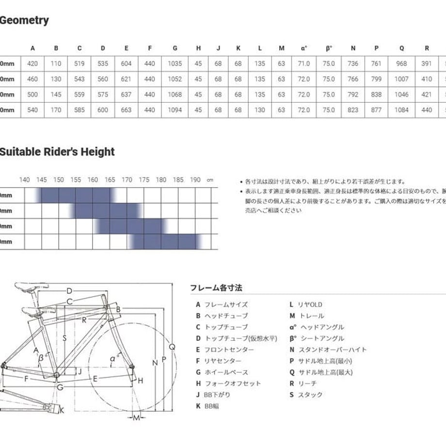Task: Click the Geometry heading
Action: click(24, 20)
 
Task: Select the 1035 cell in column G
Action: click(175, 64)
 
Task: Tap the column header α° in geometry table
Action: click(304, 48)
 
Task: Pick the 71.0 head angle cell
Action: click(304, 64)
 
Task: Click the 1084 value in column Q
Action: click(402, 110)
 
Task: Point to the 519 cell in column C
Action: click(80, 64)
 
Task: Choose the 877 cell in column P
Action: click(377, 110)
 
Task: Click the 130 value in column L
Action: click(260, 110)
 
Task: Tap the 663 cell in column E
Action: click(127, 110)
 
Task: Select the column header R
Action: click(427, 48)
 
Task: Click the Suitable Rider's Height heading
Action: click(57, 152)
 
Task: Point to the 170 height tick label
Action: click(127, 180)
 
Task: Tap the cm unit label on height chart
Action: click(210, 180)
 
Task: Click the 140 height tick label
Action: click(25, 180)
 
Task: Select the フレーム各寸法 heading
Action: click(216, 288)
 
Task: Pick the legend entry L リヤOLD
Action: click(305, 304)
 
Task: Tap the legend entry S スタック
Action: click(306, 395)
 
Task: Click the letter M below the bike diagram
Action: click(136, 418)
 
